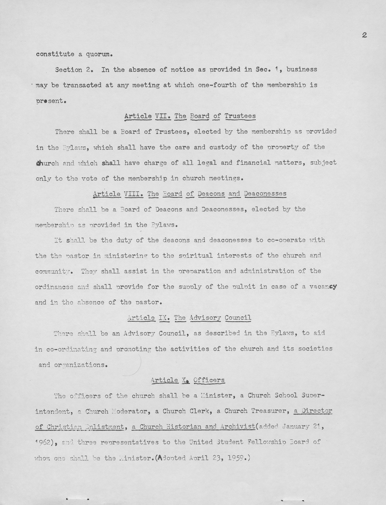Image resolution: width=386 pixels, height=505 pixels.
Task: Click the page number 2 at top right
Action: click(x=364, y=35)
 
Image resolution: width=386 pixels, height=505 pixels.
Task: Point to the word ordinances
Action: click(x=54, y=287)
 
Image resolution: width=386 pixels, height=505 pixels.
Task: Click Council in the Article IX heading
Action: click(x=238, y=318)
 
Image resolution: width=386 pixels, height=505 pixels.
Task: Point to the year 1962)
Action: click(x=48, y=442)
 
